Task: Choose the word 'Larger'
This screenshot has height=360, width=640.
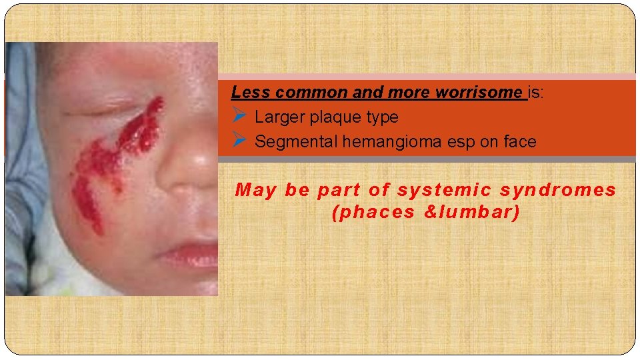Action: click(x=279, y=117)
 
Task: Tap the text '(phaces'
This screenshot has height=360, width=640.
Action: click(x=371, y=213)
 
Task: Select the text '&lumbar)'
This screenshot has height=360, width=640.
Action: click(x=471, y=213)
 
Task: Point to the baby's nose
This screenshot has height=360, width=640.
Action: click(x=193, y=167)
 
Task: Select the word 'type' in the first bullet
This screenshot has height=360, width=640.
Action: click(x=382, y=118)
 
